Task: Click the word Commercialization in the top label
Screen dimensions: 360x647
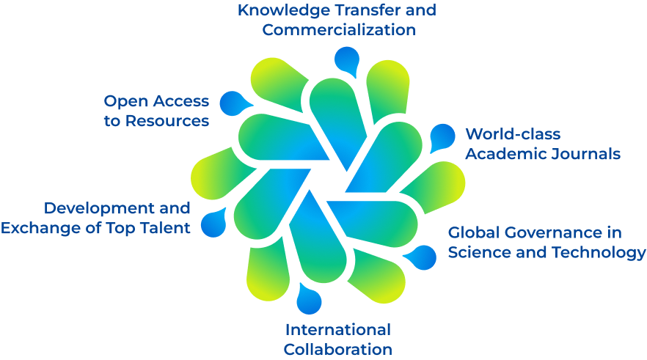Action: tap(339, 30)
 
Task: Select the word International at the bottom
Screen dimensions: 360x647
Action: tap(337, 329)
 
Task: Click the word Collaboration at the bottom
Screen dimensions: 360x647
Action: tap(337, 349)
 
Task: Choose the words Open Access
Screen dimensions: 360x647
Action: tap(156, 101)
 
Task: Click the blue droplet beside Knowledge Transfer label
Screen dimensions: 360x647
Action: tap(345, 60)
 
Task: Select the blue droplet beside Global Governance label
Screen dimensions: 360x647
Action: tap(422, 257)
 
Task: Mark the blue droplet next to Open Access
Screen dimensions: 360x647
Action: tap(233, 104)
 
